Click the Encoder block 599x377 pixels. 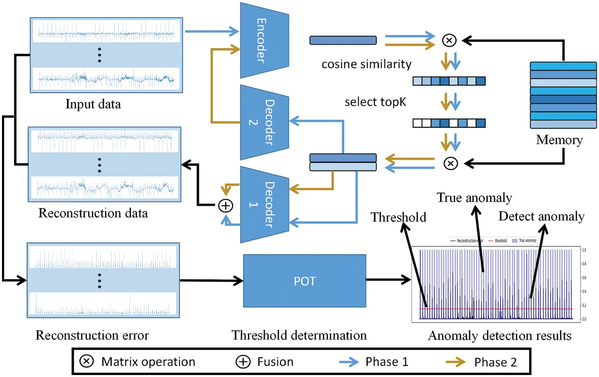pyautogui.click(x=264, y=40)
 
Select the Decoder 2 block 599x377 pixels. pyautogui.click(x=264, y=122)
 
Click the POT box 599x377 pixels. pyautogui.click(x=304, y=281)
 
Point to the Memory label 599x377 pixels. pyautogui.click(x=559, y=140)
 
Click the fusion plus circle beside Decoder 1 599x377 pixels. pyautogui.click(x=226, y=206)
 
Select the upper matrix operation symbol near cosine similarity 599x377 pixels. pyautogui.click(x=449, y=40)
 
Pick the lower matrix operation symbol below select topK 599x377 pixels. pyautogui.click(x=450, y=163)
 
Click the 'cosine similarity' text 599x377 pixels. pyautogui.click(x=366, y=64)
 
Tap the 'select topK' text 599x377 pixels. pyautogui.click(x=375, y=102)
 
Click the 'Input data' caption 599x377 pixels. pyautogui.click(x=93, y=104)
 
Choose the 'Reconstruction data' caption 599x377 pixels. pyautogui.click(x=93, y=213)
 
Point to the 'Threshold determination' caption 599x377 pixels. pyautogui.click(x=299, y=335)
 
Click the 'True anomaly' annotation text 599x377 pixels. pyautogui.click(x=474, y=198)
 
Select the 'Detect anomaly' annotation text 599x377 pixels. pyautogui.click(x=541, y=216)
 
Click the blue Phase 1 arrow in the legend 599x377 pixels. pyautogui.click(x=349, y=362)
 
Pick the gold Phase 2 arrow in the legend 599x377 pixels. pyautogui.click(x=456, y=362)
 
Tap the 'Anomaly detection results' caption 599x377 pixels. pyautogui.click(x=500, y=336)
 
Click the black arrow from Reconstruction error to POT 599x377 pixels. pyautogui.click(x=211, y=281)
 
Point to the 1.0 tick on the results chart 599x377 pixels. pyautogui.click(x=584, y=250)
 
